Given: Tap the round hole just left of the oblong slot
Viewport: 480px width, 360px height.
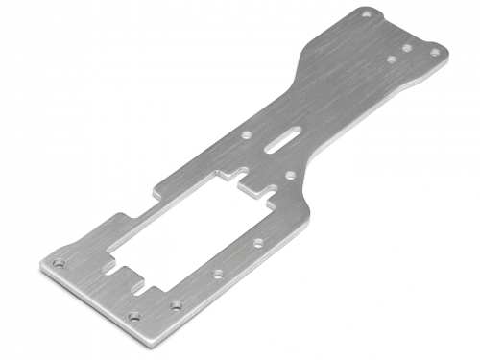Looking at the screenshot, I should pos(248,135).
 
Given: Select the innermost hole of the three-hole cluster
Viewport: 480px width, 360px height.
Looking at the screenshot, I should pos(392,59).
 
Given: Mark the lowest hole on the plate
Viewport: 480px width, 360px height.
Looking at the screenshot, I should pos(134,316).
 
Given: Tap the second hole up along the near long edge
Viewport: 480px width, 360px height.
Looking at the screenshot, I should pos(176,305).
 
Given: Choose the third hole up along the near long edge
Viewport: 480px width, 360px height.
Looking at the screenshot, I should pos(219,274).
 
